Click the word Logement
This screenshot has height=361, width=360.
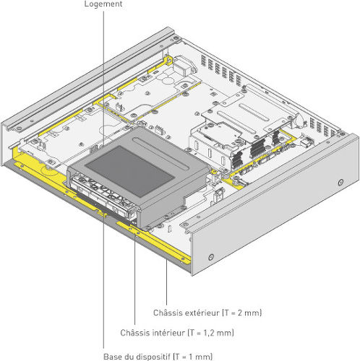click(103, 4)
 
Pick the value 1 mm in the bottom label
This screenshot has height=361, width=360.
click(200, 357)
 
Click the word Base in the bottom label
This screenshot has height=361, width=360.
click(113, 357)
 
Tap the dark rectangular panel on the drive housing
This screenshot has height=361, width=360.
click(130, 170)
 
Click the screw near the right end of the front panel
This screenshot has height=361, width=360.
click(340, 182)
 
